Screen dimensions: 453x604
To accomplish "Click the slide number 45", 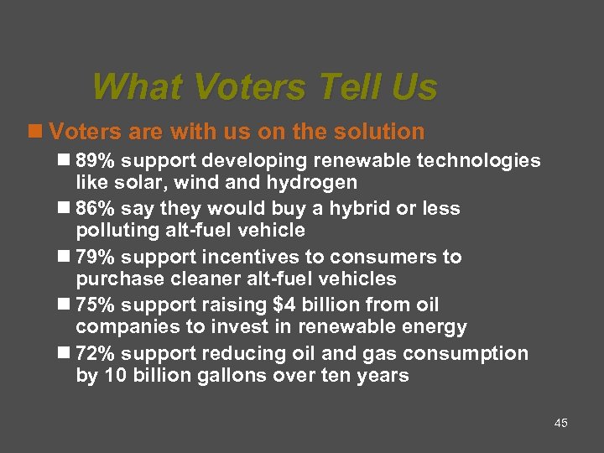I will tap(561, 423).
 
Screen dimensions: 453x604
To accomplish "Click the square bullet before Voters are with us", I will tap(34, 132).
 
